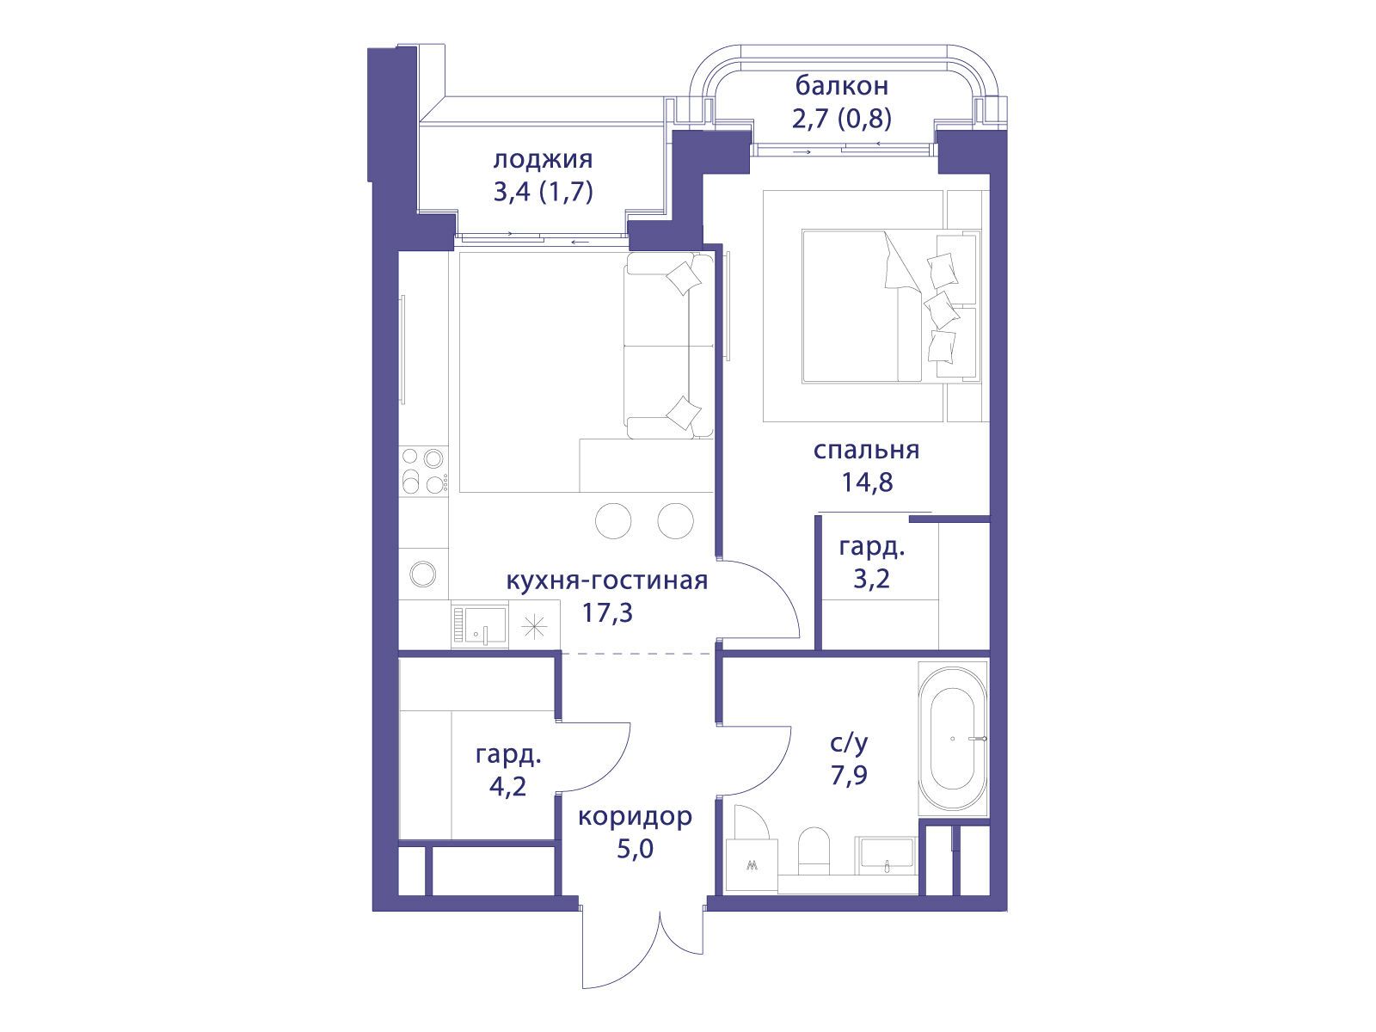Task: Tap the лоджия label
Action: pos(543,161)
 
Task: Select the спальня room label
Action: pos(866,450)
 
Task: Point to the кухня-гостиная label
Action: pos(606,580)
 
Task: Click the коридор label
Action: pos(635,816)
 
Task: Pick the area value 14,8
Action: pos(867,482)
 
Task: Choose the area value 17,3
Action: pos(607,612)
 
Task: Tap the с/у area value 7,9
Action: pos(850,776)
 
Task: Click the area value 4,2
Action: pos(507,786)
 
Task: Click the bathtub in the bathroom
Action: pos(953,738)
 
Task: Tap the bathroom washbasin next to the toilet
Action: pos(887,855)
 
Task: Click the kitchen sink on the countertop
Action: pos(480,624)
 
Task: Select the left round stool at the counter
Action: pos(613,520)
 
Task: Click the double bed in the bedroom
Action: pos(889,306)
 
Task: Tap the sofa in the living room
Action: pos(669,345)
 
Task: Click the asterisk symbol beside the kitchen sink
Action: pos(534,627)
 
